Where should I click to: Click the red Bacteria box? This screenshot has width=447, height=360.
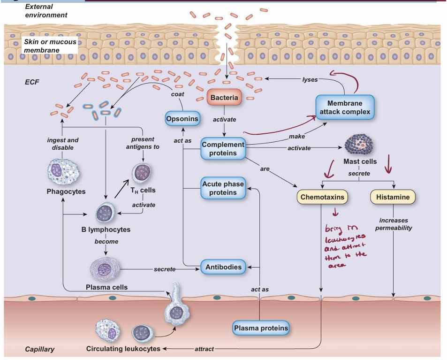click(224, 98)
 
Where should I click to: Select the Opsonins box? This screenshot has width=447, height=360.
click(182, 119)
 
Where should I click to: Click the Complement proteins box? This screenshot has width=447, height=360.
click(223, 149)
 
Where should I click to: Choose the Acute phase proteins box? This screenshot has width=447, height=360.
click(223, 188)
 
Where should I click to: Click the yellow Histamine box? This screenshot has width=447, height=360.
click(393, 197)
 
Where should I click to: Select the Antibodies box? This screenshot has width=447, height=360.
click(224, 268)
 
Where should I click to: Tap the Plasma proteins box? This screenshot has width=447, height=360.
click(261, 328)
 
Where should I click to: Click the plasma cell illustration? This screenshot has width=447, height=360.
click(106, 270)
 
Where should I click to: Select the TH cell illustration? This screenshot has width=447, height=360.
click(142, 173)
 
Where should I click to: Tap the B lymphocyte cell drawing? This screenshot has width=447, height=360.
click(106, 214)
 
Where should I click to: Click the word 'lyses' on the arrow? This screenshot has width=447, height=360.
click(310, 80)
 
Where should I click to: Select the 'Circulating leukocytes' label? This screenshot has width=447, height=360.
click(123, 349)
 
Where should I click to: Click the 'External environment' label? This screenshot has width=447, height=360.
click(45, 11)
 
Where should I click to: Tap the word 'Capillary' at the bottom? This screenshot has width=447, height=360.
click(39, 349)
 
